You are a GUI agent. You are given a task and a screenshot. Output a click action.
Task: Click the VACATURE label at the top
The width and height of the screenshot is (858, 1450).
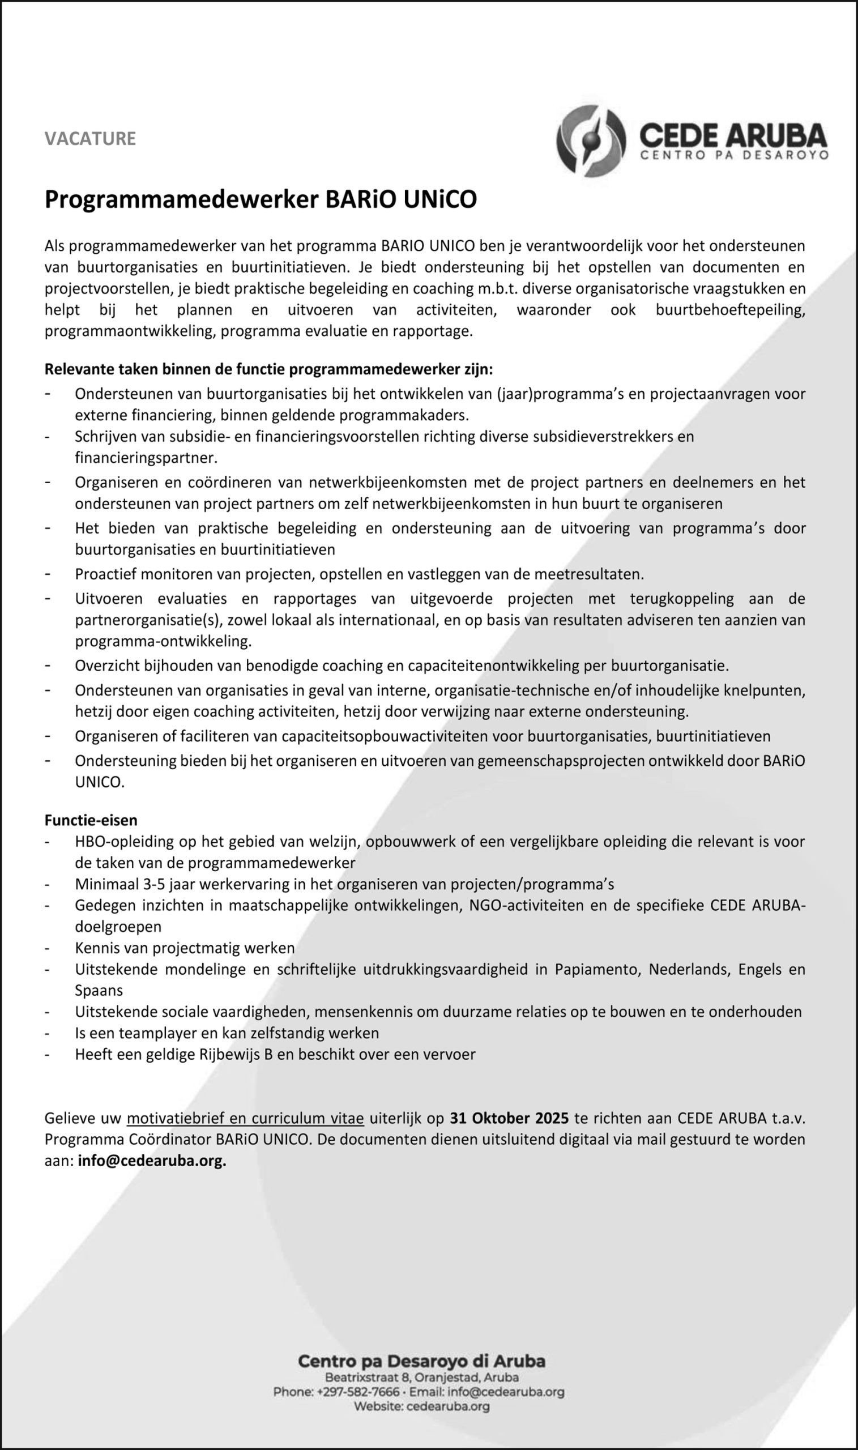[x=90, y=139]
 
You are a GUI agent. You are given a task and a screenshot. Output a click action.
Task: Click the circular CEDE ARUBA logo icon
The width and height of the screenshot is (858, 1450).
[x=591, y=140]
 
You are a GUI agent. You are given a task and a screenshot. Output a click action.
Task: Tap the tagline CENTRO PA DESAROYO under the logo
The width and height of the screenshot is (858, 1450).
[x=734, y=155]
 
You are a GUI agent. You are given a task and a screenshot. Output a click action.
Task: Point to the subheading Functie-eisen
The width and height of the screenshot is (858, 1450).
[x=91, y=820]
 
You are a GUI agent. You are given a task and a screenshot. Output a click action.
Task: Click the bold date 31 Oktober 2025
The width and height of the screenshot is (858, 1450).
[x=509, y=1118]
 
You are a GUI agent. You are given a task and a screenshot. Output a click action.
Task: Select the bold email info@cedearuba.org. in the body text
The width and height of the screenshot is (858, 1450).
[x=152, y=1161]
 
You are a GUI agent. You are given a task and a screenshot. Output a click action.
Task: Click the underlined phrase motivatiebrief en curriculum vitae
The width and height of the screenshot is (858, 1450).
[x=245, y=1118]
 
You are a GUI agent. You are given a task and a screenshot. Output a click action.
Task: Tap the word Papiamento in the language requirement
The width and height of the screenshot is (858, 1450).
[x=597, y=969]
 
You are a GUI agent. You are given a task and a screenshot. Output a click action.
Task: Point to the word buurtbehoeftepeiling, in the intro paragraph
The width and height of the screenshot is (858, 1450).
[x=730, y=310]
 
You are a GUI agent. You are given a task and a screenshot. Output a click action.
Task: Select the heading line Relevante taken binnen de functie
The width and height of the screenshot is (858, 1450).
[x=269, y=369]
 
